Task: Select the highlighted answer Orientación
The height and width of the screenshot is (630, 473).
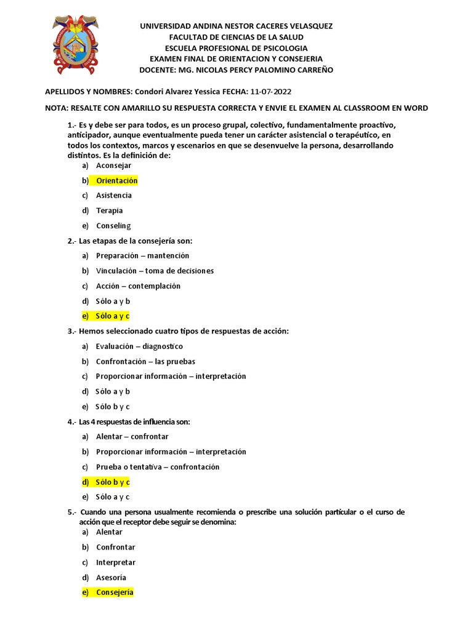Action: point(116,180)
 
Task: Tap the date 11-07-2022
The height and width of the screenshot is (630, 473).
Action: point(272,92)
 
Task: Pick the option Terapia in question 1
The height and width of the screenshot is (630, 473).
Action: point(110,210)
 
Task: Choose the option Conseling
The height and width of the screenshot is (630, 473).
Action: point(113,226)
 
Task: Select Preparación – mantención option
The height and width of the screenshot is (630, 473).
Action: point(142,255)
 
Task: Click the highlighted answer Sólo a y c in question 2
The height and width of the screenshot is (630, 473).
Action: point(112,316)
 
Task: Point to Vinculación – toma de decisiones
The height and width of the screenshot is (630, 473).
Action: point(155,271)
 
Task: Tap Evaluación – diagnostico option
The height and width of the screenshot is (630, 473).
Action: point(139,346)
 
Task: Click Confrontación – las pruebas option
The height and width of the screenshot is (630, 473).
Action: point(145,362)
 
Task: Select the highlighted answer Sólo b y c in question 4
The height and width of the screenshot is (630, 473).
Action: point(112,482)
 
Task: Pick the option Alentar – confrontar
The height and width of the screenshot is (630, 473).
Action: point(132,437)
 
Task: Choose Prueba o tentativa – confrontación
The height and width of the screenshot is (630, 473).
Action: point(157,467)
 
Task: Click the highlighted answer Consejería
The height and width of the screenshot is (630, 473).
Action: point(115,592)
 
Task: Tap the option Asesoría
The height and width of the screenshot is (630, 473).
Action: point(111,578)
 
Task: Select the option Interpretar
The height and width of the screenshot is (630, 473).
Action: point(116,562)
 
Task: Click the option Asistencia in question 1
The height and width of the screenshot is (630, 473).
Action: point(114,196)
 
